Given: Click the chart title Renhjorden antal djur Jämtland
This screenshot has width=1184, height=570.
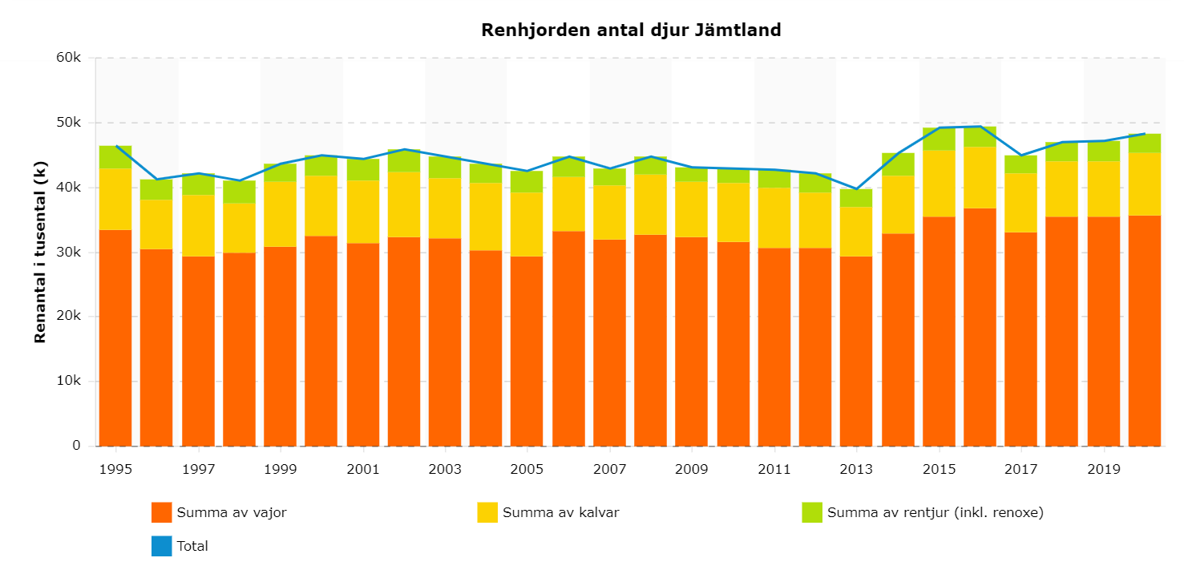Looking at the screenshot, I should (x=631, y=30).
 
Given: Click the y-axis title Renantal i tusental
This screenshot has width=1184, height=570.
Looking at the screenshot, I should (x=40, y=252).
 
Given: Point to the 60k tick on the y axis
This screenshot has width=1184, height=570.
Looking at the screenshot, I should (x=71, y=58).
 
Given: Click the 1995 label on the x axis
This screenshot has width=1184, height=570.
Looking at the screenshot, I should (x=115, y=468).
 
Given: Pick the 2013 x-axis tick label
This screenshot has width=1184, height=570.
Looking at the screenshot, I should (x=856, y=468).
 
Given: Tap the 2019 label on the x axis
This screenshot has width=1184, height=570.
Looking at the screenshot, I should (x=1103, y=468).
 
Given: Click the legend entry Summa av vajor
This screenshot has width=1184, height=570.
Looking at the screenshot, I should (x=219, y=512).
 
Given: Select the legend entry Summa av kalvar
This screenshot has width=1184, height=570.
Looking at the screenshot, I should (x=548, y=512).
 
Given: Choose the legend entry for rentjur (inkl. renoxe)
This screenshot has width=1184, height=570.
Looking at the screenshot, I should (x=923, y=512).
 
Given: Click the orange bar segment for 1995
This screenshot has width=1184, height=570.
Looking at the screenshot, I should (x=115, y=337).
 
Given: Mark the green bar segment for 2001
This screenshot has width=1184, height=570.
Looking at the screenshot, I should (x=362, y=169).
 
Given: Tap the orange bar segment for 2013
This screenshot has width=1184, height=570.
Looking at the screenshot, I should (x=856, y=350).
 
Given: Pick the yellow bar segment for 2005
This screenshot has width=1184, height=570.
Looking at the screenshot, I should (x=527, y=224).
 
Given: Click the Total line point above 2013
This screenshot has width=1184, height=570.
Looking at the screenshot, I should (x=856, y=189).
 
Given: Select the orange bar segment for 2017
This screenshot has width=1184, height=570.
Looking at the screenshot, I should (x=1020, y=338).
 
